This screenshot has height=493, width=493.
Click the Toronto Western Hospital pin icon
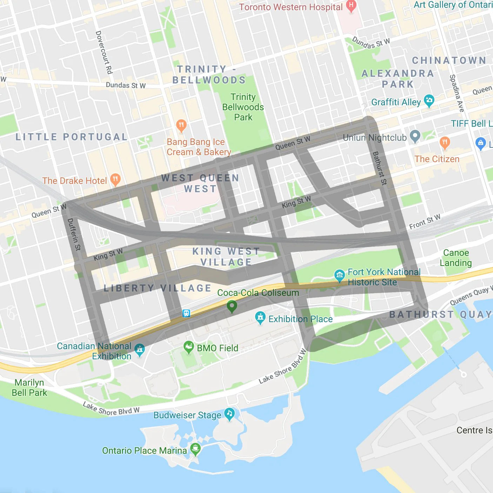tap(351, 6)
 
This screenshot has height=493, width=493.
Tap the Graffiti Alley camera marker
tap(429, 101)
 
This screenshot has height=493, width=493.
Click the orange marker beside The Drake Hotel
tap(115, 179)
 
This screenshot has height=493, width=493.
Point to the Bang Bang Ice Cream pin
tap(181, 125)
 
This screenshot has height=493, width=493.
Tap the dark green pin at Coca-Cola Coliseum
tap(232, 306)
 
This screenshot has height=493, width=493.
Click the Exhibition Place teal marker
tap(260, 318)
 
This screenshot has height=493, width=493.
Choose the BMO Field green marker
tap(189, 347)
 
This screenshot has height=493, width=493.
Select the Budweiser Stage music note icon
tap(229, 414)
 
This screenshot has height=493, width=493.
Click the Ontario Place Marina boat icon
tap(195, 448)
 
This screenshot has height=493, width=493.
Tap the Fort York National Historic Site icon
tap(339, 275)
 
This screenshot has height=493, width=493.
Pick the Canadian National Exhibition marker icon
tap(140, 349)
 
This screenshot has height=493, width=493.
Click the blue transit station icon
tap(186, 313)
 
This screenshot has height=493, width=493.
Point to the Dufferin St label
tap(74, 234)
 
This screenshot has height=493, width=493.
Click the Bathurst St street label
tap(379, 168)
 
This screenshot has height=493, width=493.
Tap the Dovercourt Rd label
tap(104, 52)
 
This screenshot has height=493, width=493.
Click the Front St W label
tap(425, 221)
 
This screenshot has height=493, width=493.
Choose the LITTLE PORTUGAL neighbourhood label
tap(71, 137)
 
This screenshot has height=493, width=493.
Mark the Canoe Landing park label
tap(455, 258)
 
